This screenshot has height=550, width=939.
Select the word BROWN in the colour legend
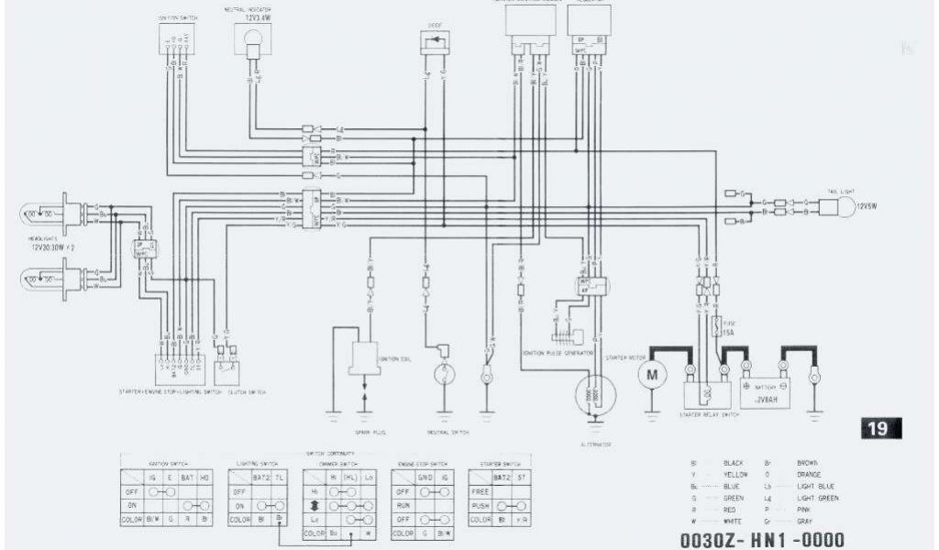coord(808,464)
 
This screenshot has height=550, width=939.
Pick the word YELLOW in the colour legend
coord(736,475)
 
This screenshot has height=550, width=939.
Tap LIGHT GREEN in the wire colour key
coord(818,498)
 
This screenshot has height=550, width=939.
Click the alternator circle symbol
coord(595,395)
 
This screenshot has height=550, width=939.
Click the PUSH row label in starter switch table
coord(479,505)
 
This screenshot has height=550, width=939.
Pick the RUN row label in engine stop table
coord(402,505)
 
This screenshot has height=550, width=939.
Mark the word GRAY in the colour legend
coord(806,521)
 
